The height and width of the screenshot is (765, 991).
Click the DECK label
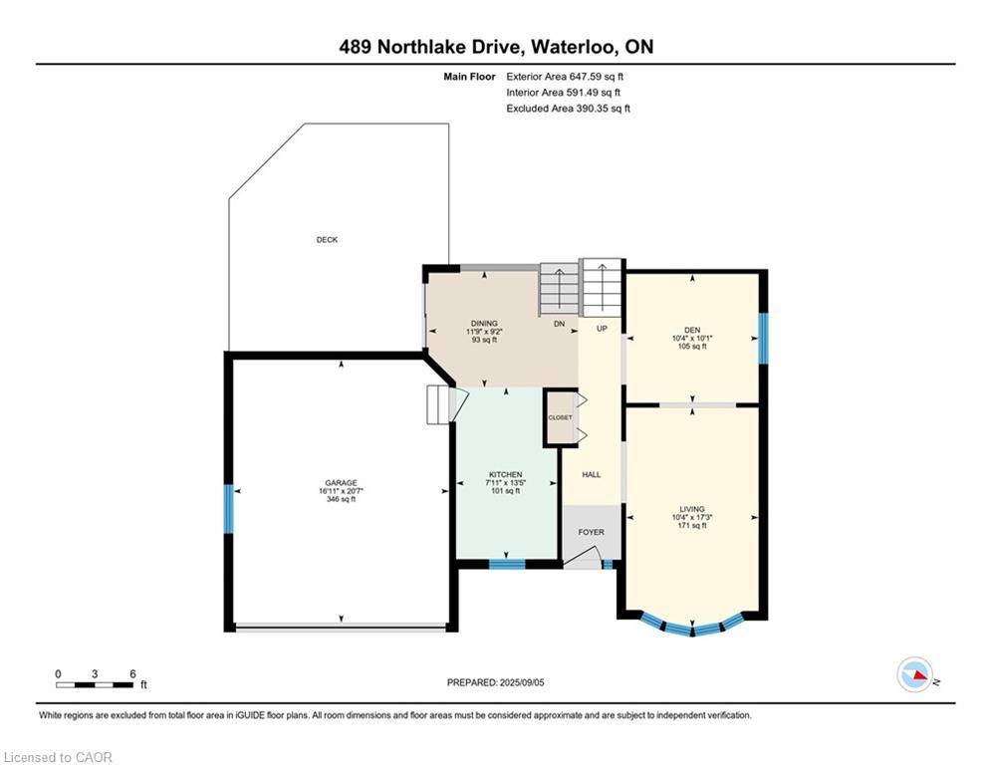click(x=327, y=240)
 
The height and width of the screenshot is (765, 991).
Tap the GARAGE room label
click(x=342, y=483)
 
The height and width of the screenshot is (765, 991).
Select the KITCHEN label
click(x=506, y=475)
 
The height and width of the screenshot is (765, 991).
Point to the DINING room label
click(x=484, y=323)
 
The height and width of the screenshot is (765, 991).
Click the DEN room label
click(x=692, y=330)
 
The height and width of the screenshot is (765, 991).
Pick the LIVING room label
click(x=692, y=509)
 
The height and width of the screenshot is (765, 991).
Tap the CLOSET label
click(x=560, y=418)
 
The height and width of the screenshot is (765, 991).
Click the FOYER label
click(x=591, y=532)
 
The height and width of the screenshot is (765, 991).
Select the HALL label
click(x=591, y=475)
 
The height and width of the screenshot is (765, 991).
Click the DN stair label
click(x=560, y=324)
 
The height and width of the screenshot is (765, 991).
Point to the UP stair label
click(x=602, y=329)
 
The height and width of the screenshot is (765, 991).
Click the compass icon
click(x=914, y=674)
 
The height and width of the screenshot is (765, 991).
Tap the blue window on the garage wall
click(x=229, y=509)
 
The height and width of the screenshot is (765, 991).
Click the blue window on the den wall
click(x=763, y=339)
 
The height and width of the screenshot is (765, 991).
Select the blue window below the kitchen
click(x=507, y=565)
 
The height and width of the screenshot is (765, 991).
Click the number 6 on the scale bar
click(x=132, y=674)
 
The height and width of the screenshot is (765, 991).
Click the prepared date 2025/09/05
click(x=522, y=682)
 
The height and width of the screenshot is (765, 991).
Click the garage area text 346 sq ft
click(x=342, y=499)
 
